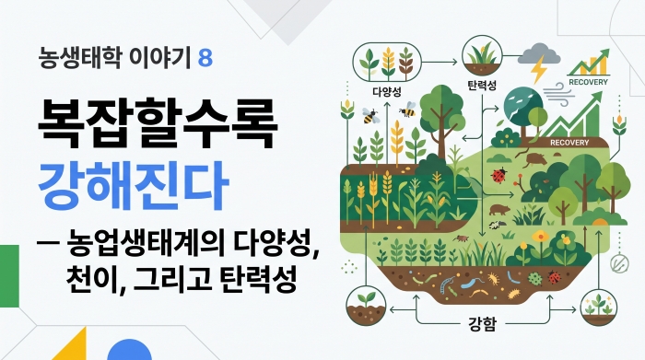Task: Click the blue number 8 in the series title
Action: [205, 58]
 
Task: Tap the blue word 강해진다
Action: [133, 185]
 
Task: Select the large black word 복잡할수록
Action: [158, 123]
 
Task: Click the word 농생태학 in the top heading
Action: [79, 57]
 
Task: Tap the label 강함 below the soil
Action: [482, 324]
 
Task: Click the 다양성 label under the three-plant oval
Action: [386, 91]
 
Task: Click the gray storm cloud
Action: [542, 54]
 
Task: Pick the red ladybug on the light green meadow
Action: [499, 175]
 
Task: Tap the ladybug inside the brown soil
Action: [554, 277]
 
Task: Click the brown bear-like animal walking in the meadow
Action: [499, 210]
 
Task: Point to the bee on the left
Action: [370, 115]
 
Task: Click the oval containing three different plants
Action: [387, 63]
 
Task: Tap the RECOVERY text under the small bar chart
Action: [588, 82]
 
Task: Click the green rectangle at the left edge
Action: [9, 275]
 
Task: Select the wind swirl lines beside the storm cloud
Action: [557, 96]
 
